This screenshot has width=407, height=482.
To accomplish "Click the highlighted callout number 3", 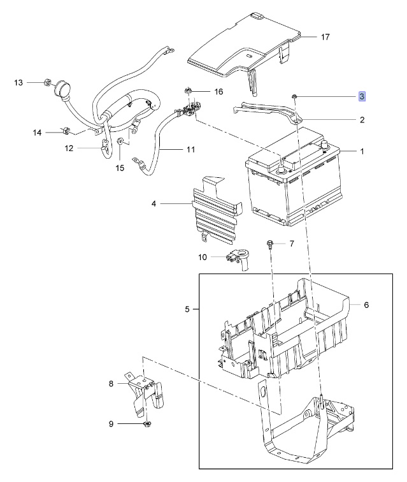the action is [362, 96].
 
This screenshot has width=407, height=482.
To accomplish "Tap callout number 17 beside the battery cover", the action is [325, 37].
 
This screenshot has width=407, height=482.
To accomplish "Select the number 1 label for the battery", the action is [362, 151].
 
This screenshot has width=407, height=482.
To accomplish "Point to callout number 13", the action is [18, 82].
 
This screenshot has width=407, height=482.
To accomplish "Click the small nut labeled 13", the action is [47, 82].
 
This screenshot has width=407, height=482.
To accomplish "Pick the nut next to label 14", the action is [66, 131].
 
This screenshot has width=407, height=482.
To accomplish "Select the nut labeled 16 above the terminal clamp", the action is [187, 91].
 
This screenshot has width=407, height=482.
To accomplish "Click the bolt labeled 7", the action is [270, 244].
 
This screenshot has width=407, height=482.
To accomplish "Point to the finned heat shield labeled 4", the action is [216, 210].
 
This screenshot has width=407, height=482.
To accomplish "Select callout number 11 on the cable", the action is [190, 149].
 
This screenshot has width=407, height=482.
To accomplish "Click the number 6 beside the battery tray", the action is [366, 305].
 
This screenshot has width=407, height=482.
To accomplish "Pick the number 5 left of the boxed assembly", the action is [187, 309].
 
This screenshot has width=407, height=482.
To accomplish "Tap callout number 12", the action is [69, 148].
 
